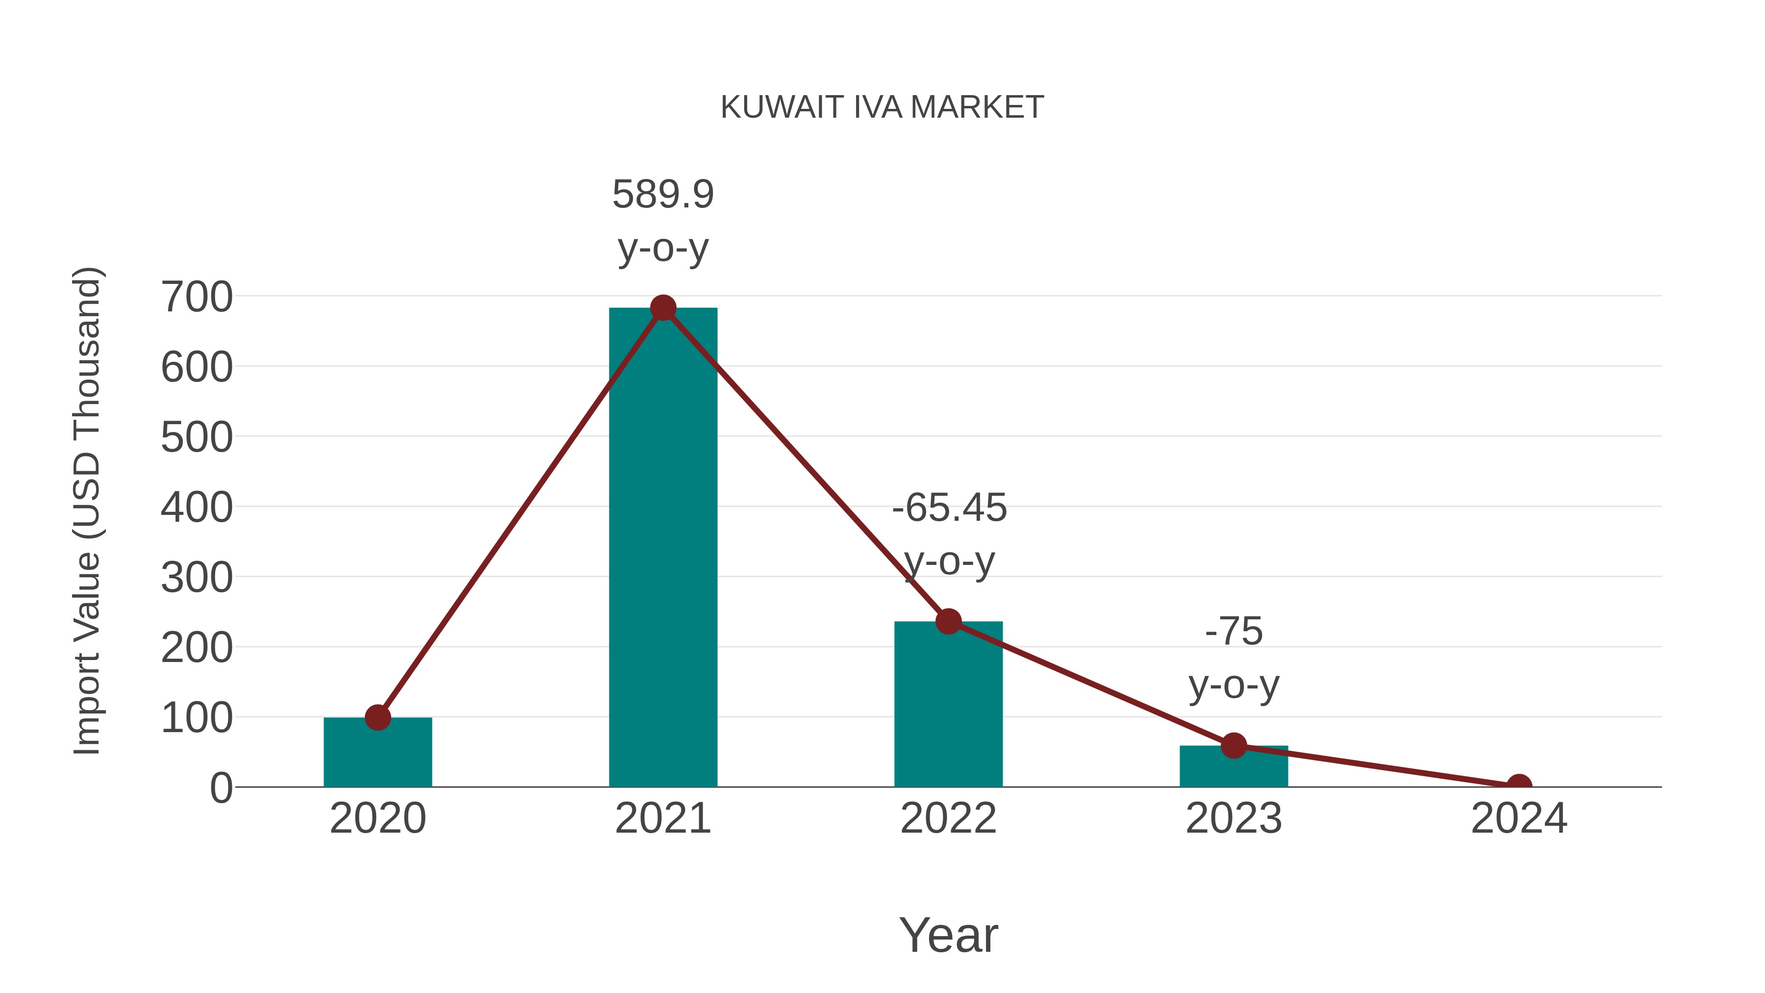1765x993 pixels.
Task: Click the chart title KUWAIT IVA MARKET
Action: [x=882, y=107]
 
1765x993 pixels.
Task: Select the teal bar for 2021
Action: [x=662, y=548]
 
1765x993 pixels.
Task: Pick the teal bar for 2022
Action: [x=948, y=706]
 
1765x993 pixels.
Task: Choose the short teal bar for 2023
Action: [x=1234, y=767]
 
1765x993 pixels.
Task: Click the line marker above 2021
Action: [x=662, y=308]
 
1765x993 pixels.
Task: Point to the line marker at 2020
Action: [x=378, y=717]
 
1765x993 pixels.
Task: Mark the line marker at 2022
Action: [x=948, y=622]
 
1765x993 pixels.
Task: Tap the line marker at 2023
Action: [x=1234, y=745]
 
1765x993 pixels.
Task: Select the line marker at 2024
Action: [x=1519, y=784]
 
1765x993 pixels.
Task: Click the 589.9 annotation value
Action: [x=662, y=195]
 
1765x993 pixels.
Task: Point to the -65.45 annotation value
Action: [x=949, y=508]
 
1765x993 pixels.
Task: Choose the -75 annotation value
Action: [x=1234, y=631]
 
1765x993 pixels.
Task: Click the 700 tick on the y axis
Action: [x=197, y=298]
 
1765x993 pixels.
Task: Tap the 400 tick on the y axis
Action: [x=197, y=508]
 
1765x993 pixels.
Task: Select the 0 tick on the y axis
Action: [x=221, y=788]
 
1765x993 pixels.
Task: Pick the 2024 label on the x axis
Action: [x=1519, y=818]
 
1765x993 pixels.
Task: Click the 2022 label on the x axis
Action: [x=948, y=818]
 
